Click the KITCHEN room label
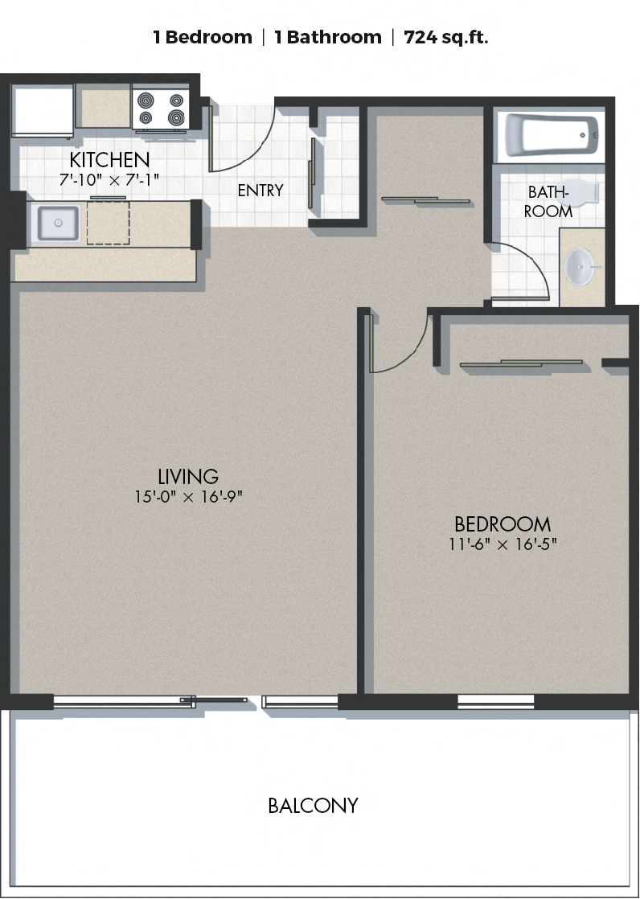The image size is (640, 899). point(109,159)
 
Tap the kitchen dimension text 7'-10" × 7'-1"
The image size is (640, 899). point(109,179)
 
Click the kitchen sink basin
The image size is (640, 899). point(58,223)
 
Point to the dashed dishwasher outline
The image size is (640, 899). point(109,223)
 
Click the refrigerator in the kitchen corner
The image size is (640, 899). point(43,111)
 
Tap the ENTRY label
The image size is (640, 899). point(261,191)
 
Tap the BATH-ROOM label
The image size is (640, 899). point(548,201)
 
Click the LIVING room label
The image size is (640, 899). point(188,477)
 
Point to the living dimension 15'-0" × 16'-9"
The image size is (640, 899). point(189,496)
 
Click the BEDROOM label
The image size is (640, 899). point(503,524)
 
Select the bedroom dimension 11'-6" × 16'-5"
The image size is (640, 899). point(503,544)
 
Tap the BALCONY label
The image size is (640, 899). point(313,806)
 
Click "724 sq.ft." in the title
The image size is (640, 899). point(446,37)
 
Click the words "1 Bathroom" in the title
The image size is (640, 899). point(328,37)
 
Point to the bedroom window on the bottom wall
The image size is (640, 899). point(495,702)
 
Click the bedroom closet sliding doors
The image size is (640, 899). point(521,363)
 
